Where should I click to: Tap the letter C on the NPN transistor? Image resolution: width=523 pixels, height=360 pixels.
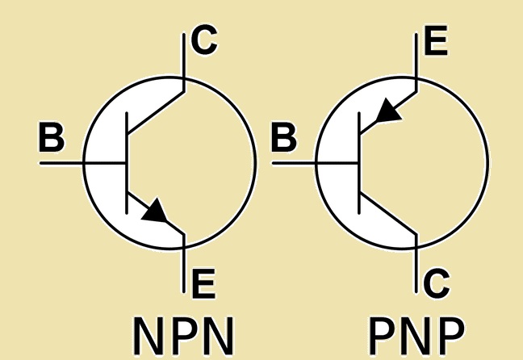[x=204, y=40]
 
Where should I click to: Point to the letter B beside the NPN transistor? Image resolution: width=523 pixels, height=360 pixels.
[x=52, y=140]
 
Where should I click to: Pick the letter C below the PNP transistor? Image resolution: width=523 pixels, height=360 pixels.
[x=437, y=282]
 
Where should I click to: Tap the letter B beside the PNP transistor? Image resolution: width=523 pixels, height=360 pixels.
[x=283, y=140]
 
